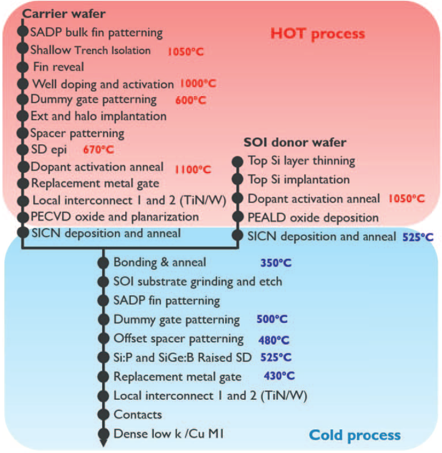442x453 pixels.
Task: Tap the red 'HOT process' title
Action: (317, 34)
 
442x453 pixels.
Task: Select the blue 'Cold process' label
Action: (355, 435)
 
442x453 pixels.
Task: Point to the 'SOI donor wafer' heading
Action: (295, 142)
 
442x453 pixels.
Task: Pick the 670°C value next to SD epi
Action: (98, 150)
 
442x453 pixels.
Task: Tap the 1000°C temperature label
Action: (198, 84)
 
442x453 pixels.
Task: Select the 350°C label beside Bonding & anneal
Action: (276, 263)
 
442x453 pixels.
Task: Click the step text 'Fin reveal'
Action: (58, 67)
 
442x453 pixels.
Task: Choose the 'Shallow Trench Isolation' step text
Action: (90, 50)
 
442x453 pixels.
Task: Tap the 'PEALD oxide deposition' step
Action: (313, 217)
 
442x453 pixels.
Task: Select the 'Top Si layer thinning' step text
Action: (301, 160)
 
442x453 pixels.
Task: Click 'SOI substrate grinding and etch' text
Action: (198, 282)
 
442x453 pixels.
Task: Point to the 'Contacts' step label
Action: (138, 414)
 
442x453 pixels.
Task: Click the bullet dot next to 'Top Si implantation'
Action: (237, 180)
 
